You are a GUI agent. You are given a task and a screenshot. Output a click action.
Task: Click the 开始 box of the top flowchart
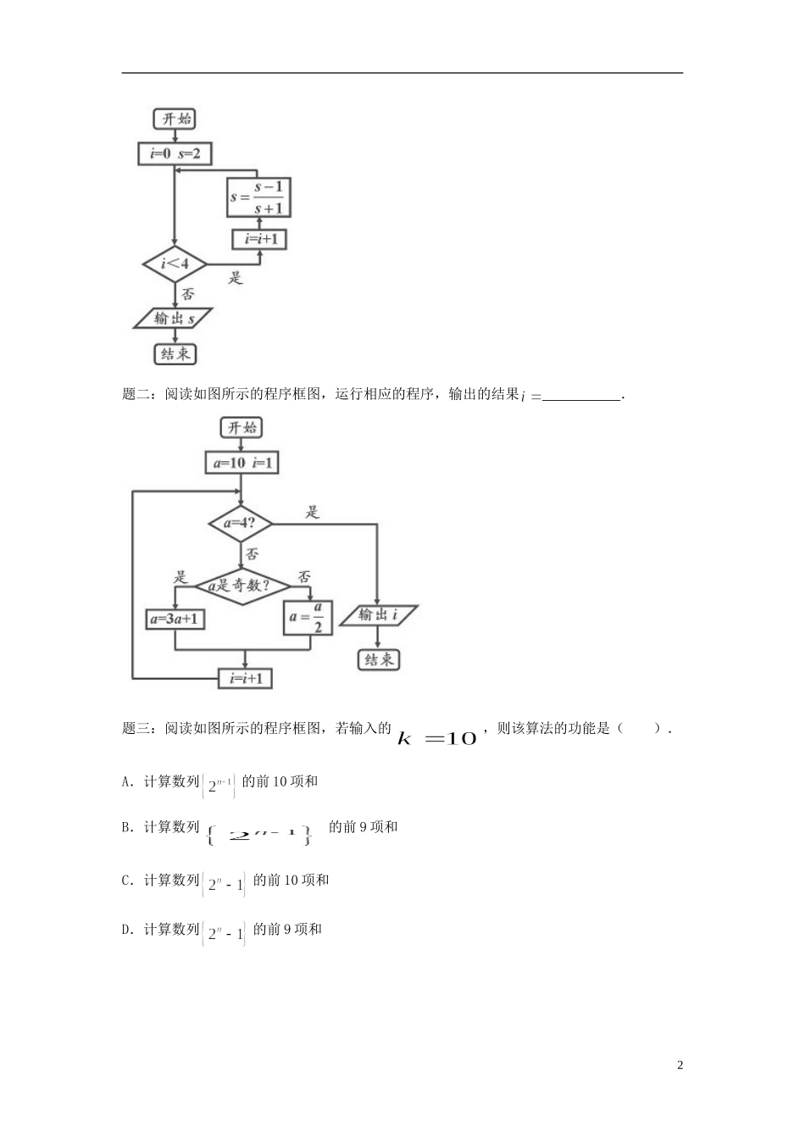(x=175, y=119)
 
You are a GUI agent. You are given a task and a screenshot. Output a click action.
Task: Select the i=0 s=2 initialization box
(x=175, y=153)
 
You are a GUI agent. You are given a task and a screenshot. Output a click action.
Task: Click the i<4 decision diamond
(x=175, y=264)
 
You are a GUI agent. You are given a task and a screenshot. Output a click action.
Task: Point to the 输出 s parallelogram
(x=174, y=319)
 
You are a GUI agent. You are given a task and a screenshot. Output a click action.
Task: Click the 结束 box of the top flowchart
(x=175, y=353)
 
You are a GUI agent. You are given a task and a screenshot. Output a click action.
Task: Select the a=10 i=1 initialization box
(x=241, y=463)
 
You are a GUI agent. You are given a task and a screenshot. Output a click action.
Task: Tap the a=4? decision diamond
(x=241, y=523)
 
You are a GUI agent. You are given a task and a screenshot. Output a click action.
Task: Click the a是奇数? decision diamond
(x=242, y=586)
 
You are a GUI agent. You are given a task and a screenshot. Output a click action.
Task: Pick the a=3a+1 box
(x=175, y=619)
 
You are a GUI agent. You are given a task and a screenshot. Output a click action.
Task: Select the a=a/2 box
(x=308, y=618)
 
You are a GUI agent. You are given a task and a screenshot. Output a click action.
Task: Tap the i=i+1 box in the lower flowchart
(x=246, y=678)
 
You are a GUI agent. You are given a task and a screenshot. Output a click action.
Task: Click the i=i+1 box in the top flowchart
(x=260, y=240)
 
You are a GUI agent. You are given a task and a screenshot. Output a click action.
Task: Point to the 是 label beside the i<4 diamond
(x=235, y=277)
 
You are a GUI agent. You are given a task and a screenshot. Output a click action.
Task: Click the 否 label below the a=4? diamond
(x=252, y=554)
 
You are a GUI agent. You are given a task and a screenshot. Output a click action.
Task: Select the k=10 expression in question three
(x=437, y=738)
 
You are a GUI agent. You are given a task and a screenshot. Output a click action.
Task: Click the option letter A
(x=126, y=781)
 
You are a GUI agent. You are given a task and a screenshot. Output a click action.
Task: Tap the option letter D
(x=126, y=930)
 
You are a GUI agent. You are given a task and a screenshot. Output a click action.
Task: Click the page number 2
(x=680, y=1065)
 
